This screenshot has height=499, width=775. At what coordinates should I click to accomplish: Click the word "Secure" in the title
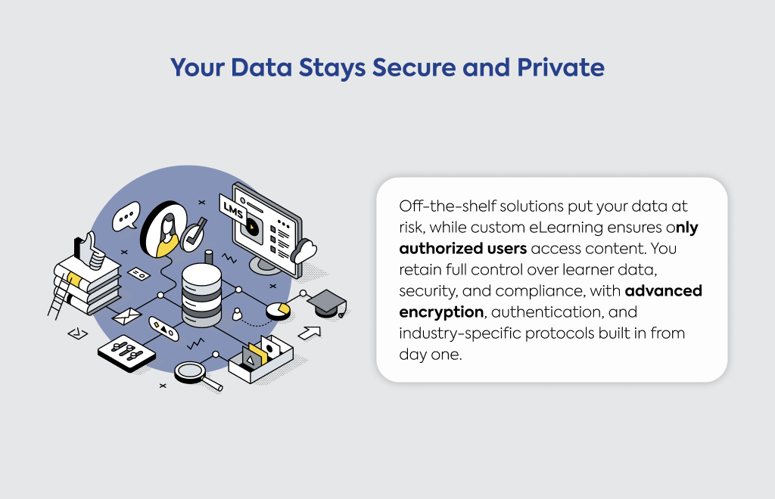point(414,67)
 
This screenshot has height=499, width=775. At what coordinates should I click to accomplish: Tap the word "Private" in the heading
point(561,67)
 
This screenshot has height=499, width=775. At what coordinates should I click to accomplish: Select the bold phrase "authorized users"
point(462,248)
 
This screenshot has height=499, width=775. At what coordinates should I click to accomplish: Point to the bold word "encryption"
point(441,312)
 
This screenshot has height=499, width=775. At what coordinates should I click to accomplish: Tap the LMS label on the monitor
point(233,210)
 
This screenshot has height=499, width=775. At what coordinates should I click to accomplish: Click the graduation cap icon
point(327,303)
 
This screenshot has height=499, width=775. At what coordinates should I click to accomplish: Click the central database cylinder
point(201,295)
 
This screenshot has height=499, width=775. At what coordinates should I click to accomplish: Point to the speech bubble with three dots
point(126,216)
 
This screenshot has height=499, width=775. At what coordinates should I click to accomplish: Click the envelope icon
point(127,316)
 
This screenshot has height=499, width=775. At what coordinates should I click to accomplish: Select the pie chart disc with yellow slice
point(279,311)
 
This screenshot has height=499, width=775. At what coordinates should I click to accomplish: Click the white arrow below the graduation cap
point(310,333)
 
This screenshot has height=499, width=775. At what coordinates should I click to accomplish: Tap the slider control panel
point(126,353)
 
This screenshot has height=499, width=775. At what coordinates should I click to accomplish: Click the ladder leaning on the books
point(58,296)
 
